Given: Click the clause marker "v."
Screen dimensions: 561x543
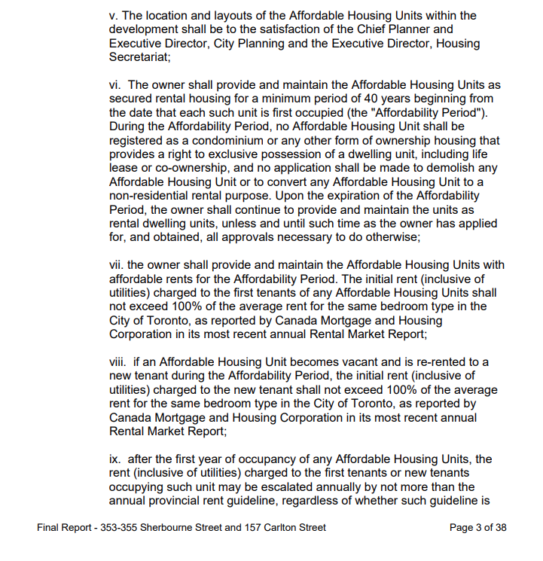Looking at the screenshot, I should coord(114,16).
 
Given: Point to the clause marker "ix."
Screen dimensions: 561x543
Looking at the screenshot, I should coord(116,459).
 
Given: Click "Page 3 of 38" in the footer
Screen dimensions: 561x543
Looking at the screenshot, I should coord(477,528).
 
